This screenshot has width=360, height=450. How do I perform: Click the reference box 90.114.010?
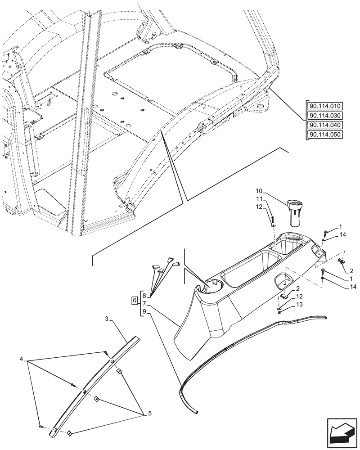click(325, 107)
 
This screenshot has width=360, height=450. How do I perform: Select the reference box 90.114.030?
click(325, 116)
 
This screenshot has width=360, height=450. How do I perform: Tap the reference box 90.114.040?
click(325, 126)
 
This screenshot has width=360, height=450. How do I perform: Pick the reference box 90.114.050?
click(325, 135)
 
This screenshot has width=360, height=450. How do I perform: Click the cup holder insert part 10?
click(294, 211)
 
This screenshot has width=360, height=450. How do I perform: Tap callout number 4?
click(21, 359)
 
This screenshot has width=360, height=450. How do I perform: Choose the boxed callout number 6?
click(134, 301)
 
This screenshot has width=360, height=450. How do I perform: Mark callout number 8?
click(144, 296)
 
